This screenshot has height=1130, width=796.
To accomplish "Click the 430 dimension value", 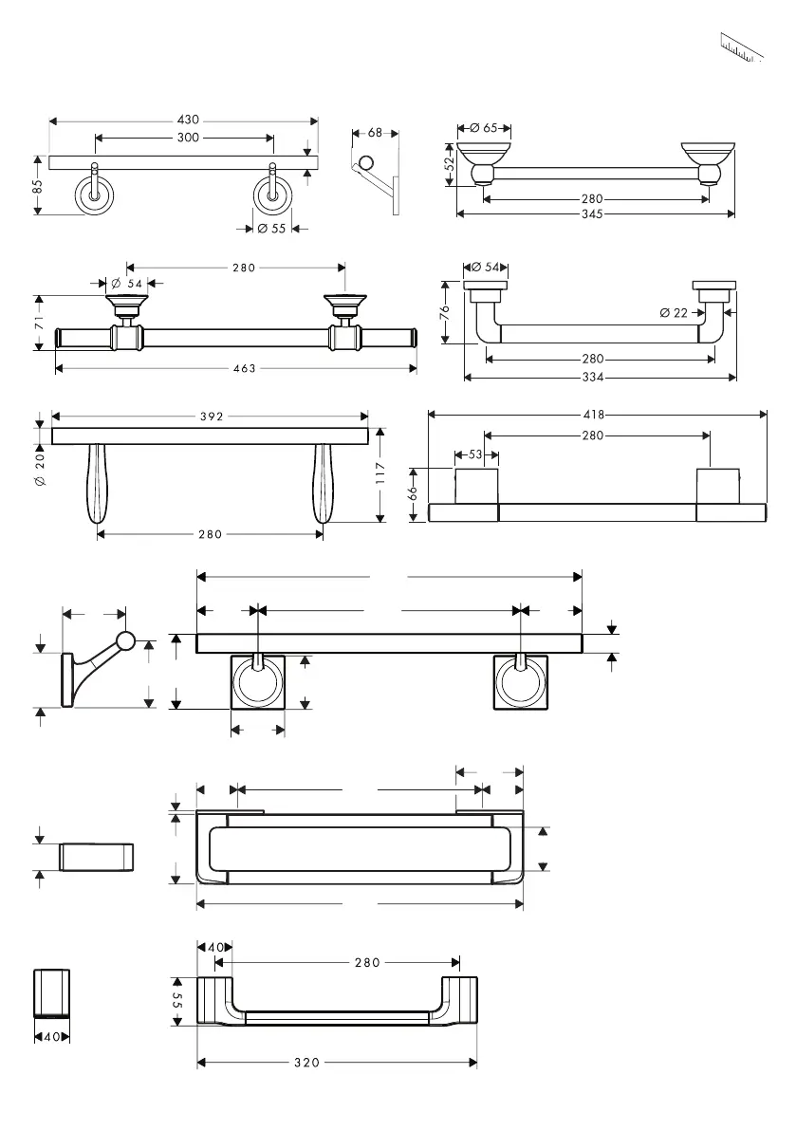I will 188,120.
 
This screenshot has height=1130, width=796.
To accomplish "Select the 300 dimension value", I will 188,139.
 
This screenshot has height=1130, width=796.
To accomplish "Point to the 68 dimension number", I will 375,133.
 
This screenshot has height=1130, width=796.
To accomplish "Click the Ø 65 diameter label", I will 484,128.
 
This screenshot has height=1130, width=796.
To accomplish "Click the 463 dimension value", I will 244,369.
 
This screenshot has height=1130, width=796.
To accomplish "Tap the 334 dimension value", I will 593,377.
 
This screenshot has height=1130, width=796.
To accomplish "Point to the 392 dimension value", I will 210,416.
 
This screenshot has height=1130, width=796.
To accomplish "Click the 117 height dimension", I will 379,473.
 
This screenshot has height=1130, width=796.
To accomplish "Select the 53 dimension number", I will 475,455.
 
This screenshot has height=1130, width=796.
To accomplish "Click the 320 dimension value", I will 306,1064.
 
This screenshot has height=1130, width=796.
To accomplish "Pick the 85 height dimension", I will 38,187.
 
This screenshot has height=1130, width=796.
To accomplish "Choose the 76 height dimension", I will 446,312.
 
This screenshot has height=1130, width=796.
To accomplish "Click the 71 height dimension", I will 39,323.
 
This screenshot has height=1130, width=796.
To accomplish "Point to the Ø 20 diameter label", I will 39,469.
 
